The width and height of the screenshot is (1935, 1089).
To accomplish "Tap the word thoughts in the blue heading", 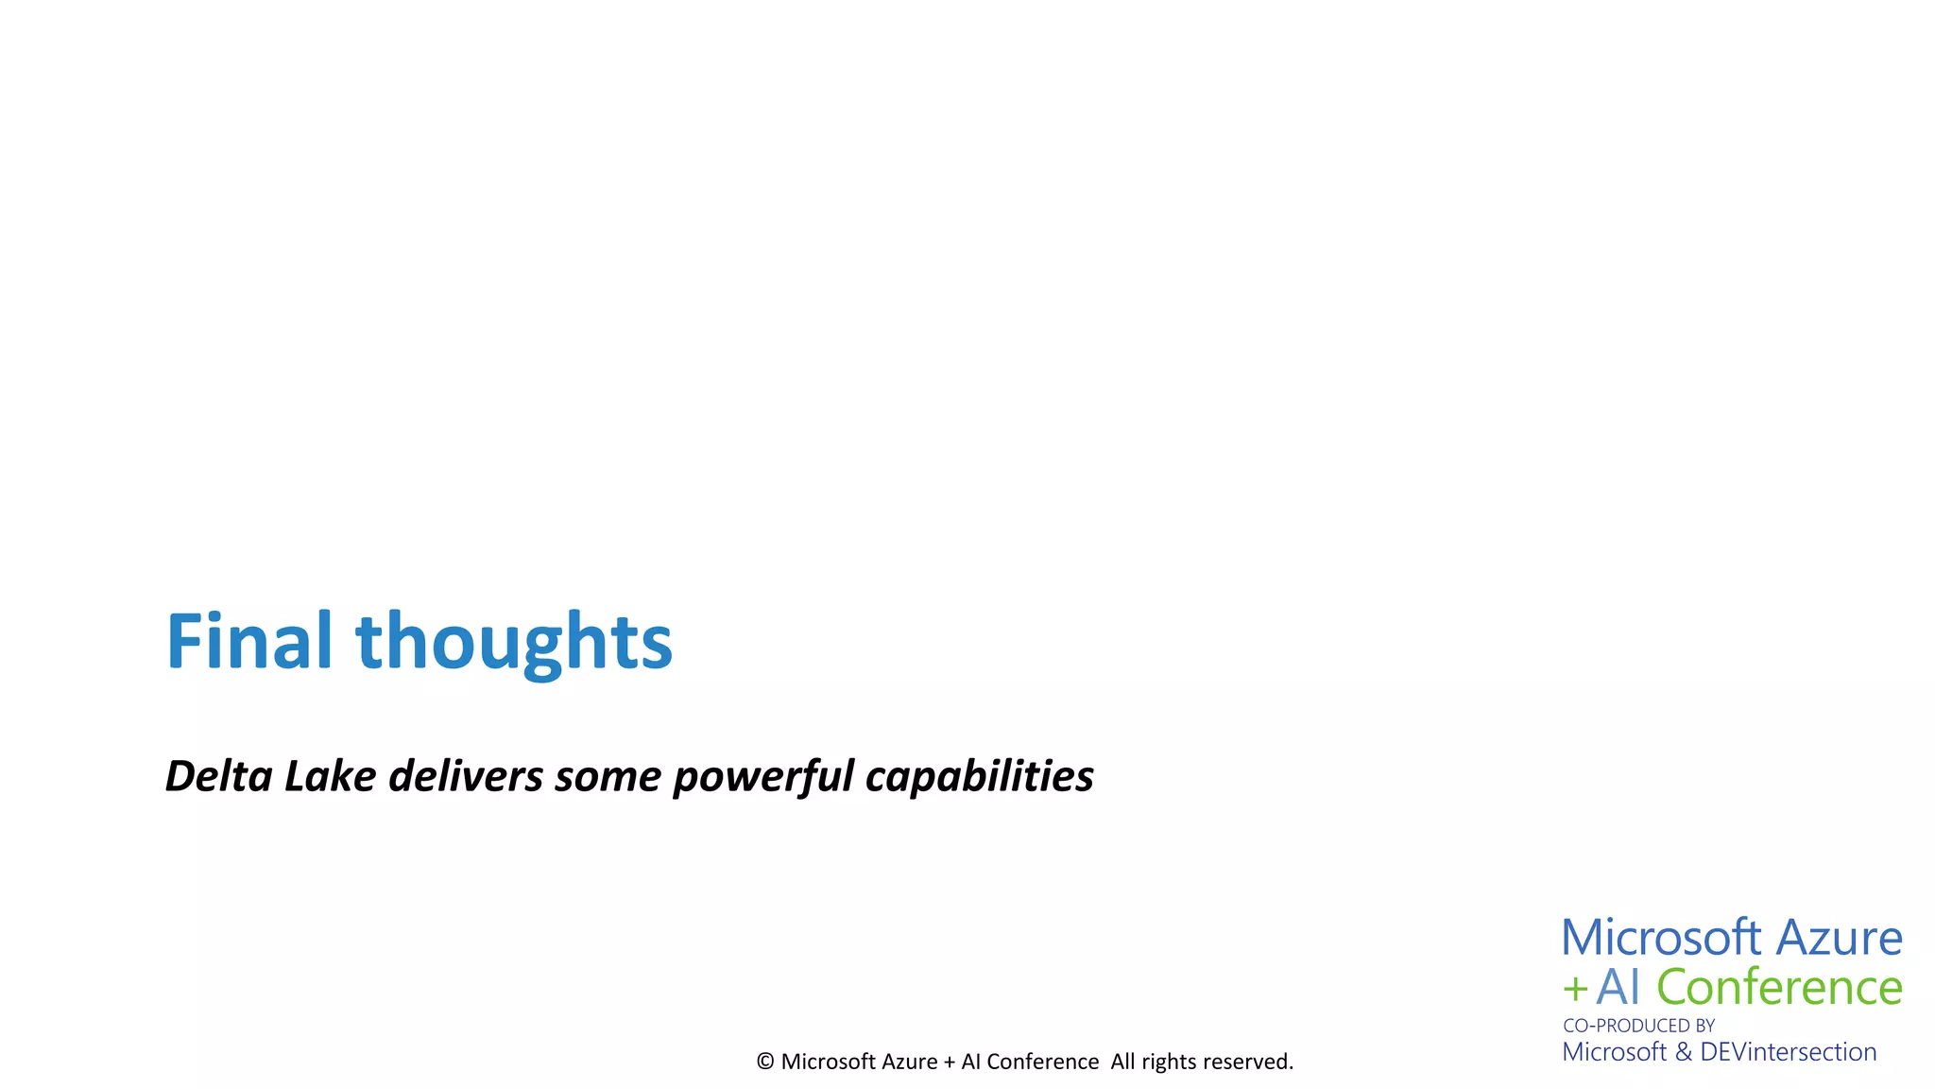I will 513,642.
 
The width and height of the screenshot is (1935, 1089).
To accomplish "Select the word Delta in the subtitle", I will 218,776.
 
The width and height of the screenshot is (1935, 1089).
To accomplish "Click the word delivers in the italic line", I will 466,776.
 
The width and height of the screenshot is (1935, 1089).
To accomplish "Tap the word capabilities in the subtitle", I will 979,778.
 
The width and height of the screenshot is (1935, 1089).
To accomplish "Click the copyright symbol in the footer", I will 765,1062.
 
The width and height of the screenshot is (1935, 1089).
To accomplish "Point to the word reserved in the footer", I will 1247,1062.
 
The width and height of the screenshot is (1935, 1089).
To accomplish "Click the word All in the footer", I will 1122,1062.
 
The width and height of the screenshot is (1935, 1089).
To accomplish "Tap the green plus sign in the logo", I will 1574,990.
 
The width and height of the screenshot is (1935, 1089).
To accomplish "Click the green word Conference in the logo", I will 1779,988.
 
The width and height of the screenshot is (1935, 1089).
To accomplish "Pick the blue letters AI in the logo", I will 1618,988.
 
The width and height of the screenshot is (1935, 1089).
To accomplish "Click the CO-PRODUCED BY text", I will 1638,1026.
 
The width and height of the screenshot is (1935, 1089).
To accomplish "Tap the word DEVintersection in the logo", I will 1788,1052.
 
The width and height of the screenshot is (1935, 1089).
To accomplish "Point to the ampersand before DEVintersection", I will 1683,1052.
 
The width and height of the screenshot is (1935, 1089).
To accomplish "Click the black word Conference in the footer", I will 1042,1062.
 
